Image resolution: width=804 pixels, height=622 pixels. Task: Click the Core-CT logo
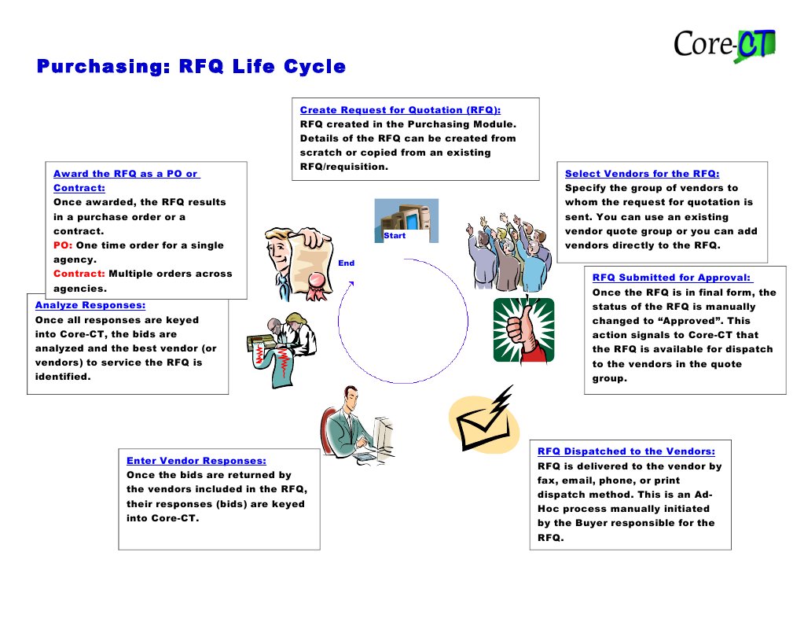pyautogui.click(x=724, y=45)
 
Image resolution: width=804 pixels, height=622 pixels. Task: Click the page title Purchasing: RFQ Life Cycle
pyautogui.click(x=191, y=67)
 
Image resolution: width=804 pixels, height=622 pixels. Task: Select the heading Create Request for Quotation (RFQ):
pyautogui.click(x=400, y=110)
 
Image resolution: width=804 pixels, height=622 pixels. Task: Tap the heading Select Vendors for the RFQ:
pyautogui.click(x=642, y=174)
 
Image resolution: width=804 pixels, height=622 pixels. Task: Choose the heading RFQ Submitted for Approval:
pyautogui.click(x=672, y=278)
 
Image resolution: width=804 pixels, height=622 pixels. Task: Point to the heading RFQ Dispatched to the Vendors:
pyautogui.click(x=626, y=451)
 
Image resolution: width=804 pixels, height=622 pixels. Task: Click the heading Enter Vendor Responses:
pyautogui.click(x=196, y=461)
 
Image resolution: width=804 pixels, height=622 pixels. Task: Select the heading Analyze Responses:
pyautogui.click(x=90, y=305)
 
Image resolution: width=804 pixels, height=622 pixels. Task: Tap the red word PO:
pyautogui.click(x=63, y=245)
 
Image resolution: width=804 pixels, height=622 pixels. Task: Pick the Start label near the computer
pyautogui.click(x=395, y=236)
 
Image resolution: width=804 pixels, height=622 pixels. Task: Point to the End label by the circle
pyautogui.click(x=346, y=263)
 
